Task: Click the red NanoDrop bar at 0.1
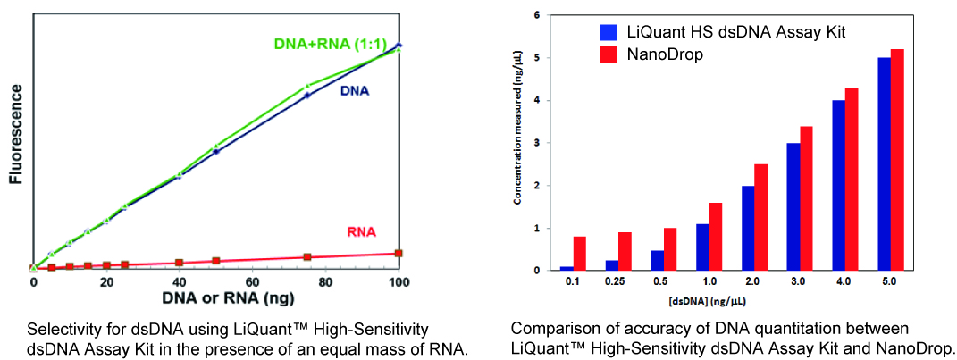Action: tap(580, 253)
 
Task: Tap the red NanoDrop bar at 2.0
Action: tap(761, 217)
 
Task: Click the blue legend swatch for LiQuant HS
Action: tap(609, 32)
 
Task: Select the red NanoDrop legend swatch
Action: tap(609, 54)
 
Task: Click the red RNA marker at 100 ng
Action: tap(399, 254)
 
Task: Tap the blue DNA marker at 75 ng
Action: tap(306, 95)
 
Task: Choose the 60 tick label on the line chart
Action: tap(253, 281)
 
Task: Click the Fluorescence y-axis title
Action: tap(15, 135)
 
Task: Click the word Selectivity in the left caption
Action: tap(60, 328)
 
